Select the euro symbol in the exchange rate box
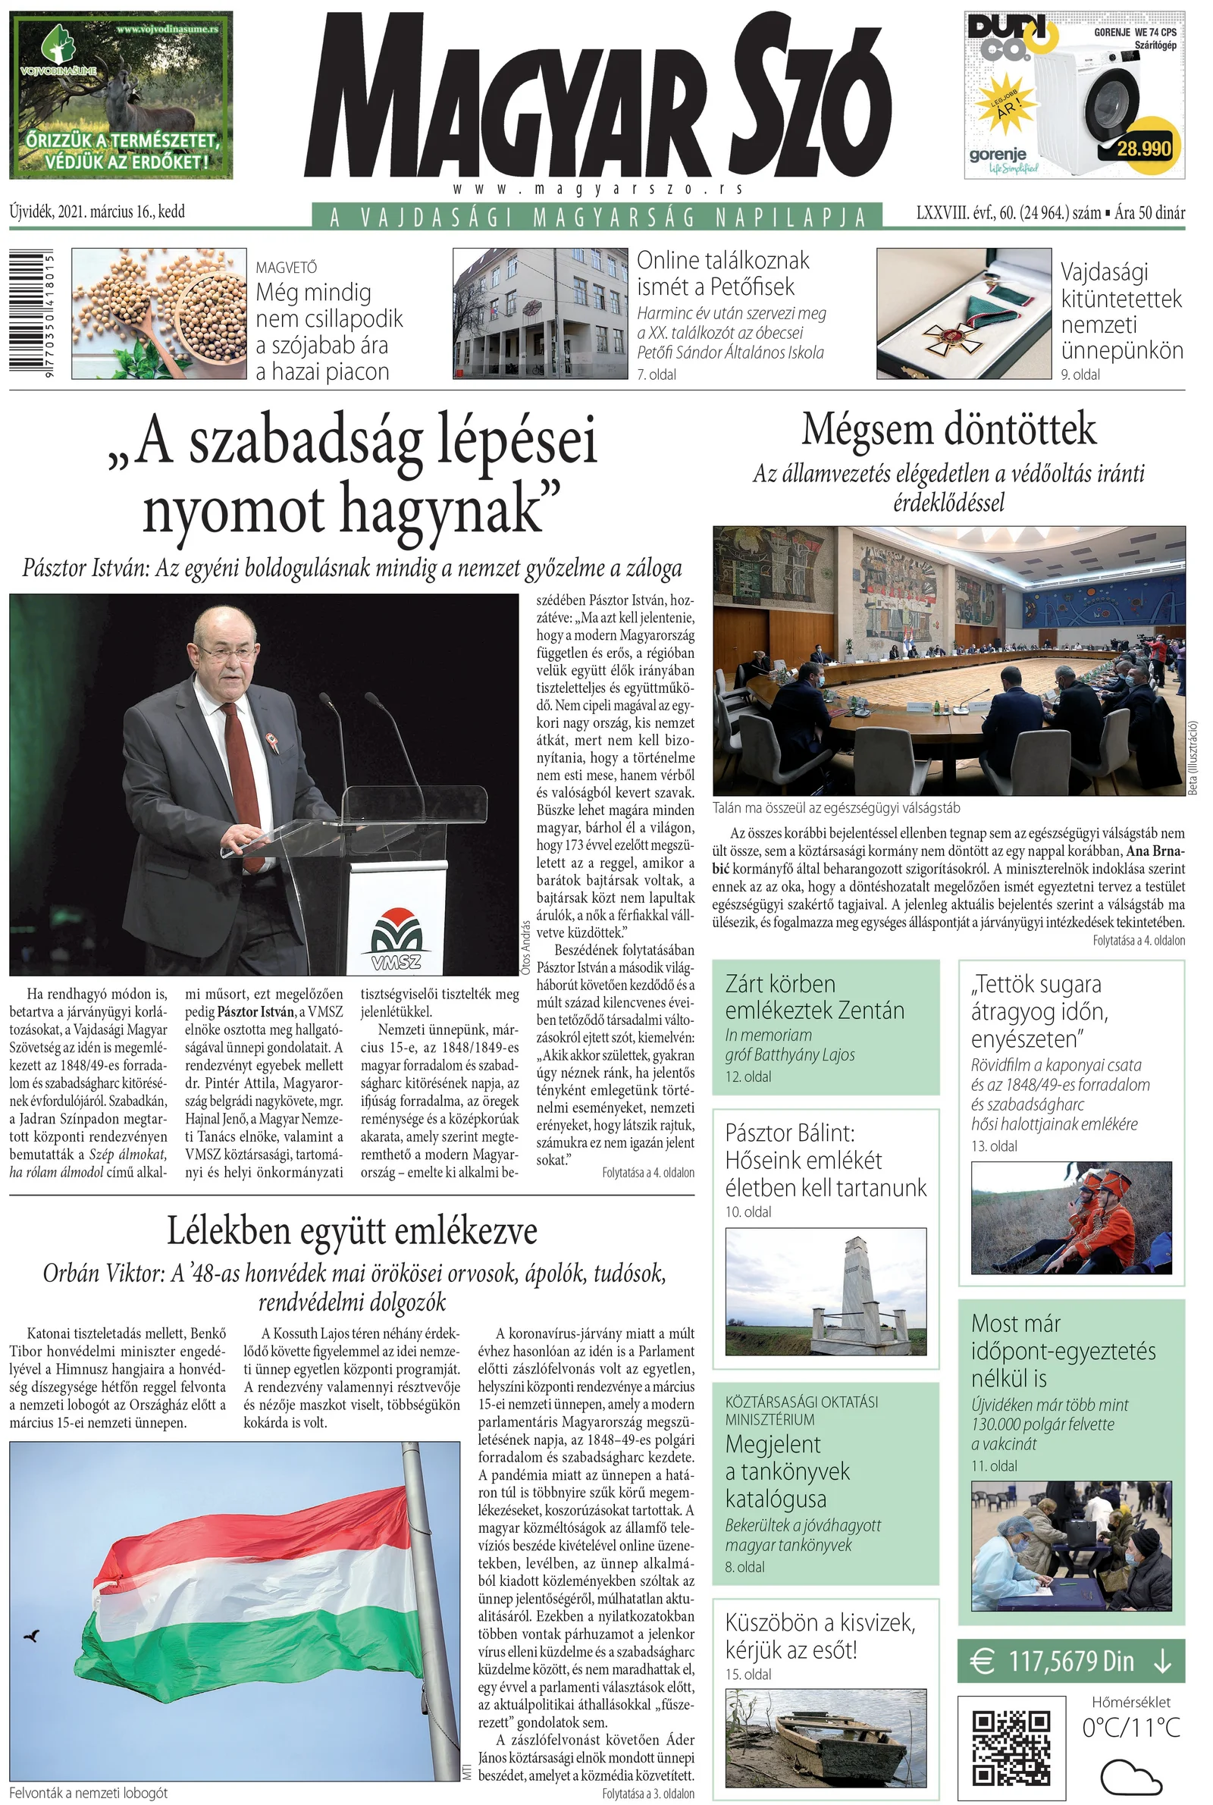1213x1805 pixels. [x=983, y=1660]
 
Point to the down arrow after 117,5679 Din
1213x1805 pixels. [x=1162, y=1660]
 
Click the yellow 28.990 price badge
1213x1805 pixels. [x=1145, y=147]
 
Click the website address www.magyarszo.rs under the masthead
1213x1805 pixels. [x=598, y=189]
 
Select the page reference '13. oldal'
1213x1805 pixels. [x=994, y=1146]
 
